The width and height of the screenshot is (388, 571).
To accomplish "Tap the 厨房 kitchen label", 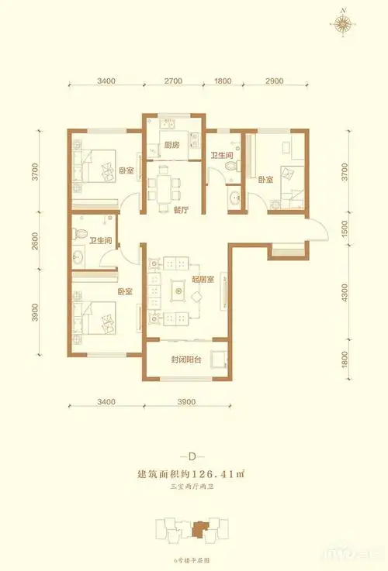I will tap(172, 144).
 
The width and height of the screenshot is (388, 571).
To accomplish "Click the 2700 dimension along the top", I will tap(173, 81).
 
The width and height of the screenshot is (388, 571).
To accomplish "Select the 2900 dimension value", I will tap(273, 81).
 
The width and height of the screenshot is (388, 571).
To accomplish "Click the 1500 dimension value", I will tap(345, 230).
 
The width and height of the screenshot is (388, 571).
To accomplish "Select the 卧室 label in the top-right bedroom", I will tap(265, 180).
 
